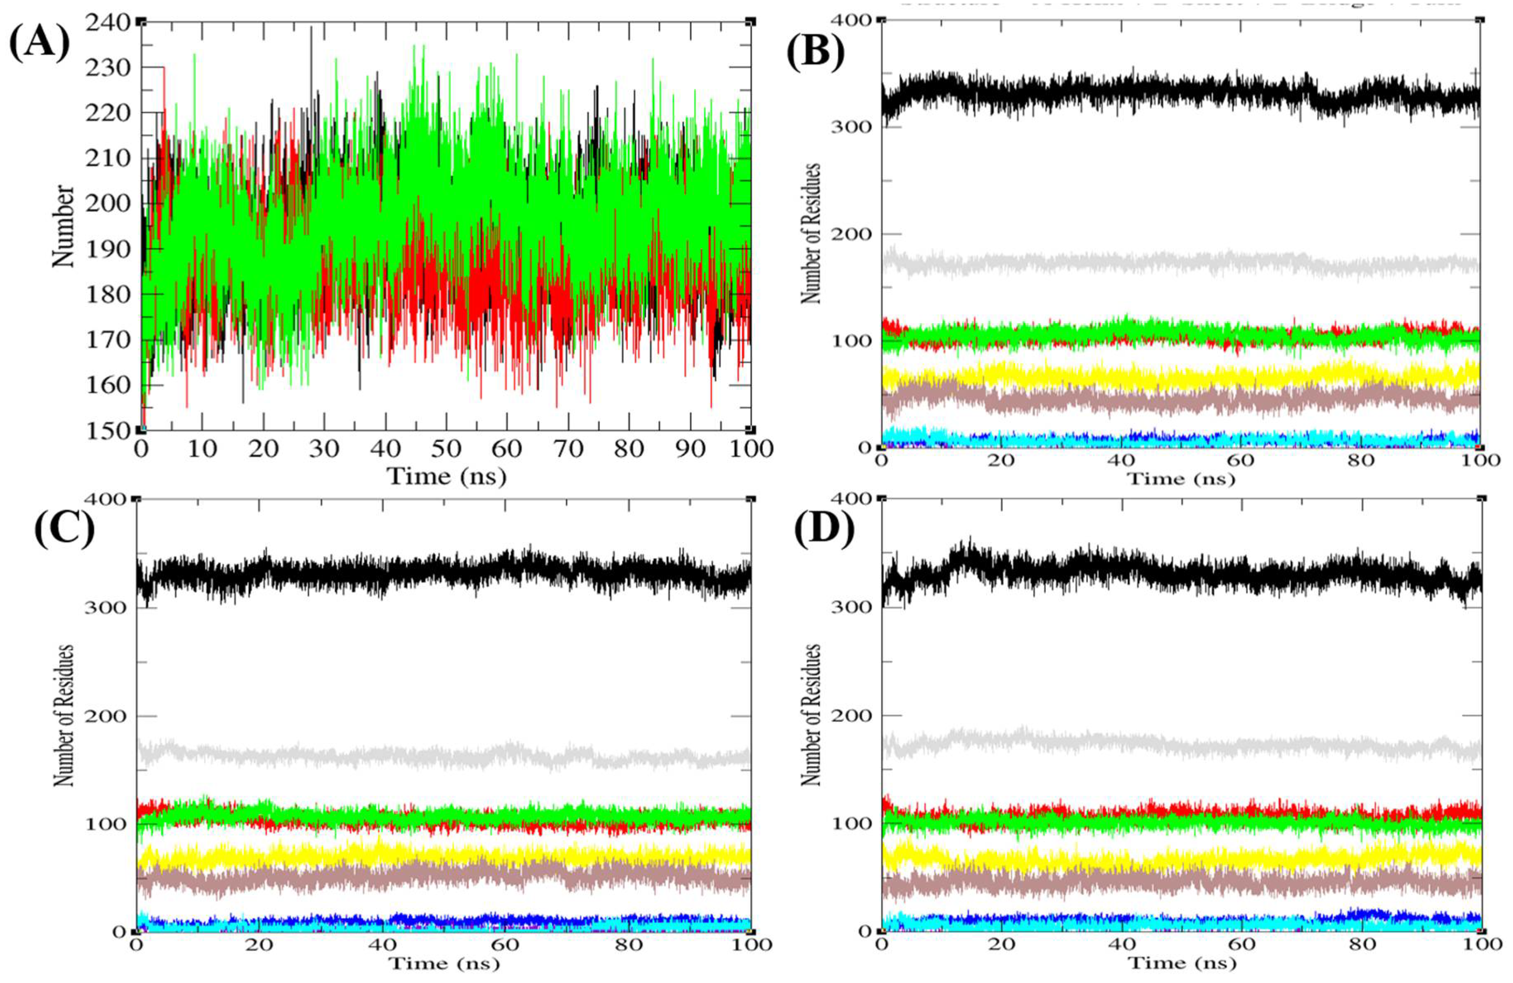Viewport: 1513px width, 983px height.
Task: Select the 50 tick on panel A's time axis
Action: (x=446, y=449)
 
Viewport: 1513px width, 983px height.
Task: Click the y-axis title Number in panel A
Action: (x=63, y=226)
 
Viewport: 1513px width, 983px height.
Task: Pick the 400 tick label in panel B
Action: (x=852, y=20)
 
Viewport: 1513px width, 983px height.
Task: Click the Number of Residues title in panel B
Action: (x=811, y=233)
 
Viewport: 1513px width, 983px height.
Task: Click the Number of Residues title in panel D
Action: (x=811, y=714)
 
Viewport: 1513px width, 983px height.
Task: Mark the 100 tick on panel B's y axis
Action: (x=852, y=340)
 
